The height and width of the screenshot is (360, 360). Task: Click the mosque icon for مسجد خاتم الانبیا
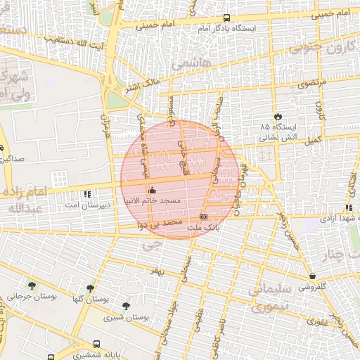coord(153,190)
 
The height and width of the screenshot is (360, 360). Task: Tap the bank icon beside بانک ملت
coord(203,217)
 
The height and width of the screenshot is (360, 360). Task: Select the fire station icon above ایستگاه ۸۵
coord(277,116)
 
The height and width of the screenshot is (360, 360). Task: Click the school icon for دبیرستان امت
coord(87,194)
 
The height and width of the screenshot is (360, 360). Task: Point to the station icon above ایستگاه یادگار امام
coord(226,18)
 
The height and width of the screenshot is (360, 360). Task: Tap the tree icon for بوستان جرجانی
coord(32,285)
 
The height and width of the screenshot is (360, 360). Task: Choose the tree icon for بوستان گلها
coord(90,288)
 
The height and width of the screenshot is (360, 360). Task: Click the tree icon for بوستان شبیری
coord(126,306)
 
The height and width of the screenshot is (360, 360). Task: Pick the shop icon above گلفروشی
coord(312,276)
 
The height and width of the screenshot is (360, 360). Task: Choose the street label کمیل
coord(314,141)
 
